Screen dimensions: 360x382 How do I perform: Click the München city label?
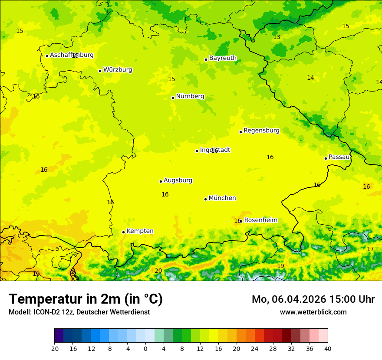click(x=222, y=198)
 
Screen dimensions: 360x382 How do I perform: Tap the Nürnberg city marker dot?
click(x=173, y=98)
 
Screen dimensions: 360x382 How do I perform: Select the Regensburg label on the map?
click(x=261, y=131)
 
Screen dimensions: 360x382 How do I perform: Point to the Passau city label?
click(x=339, y=157)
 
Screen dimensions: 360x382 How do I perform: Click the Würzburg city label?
click(x=118, y=70)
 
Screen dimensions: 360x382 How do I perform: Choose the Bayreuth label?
click(x=223, y=58)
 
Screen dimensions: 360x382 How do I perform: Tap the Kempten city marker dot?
click(x=123, y=232)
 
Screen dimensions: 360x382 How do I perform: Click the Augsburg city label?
click(x=178, y=180)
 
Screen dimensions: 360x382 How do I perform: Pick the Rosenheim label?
click(x=260, y=220)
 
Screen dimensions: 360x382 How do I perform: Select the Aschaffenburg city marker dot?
click(x=47, y=56)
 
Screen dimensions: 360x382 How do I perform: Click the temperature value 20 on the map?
click(x=158, y=271)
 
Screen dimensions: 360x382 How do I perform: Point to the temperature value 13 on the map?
click(x=277, y=37)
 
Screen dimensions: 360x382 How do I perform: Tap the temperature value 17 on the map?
click(x=370, y=249)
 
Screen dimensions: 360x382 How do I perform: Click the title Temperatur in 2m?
click(x=86, y=299)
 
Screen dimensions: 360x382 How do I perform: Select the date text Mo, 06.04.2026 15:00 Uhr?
click(x=313, y=299)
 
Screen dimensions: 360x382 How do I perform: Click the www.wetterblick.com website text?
click(x=313, y=312)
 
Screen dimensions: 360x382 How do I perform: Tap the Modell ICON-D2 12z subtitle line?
click(x=79, y=312)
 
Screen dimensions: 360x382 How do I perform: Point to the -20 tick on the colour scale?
click(x=54, y=348)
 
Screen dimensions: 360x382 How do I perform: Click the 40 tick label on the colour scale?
click(x=328, y=348)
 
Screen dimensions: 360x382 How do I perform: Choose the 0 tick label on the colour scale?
click(x=145, y=348)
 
